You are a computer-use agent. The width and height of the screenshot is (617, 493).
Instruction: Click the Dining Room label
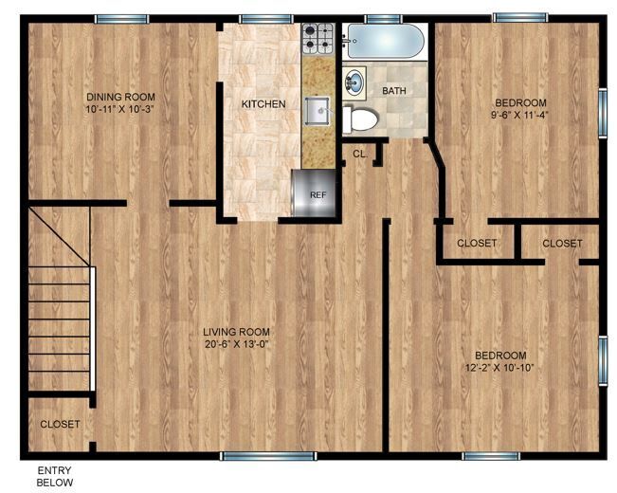120,97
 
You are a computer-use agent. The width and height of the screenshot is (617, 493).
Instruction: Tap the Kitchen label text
263,103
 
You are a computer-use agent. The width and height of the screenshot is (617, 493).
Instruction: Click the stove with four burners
316,38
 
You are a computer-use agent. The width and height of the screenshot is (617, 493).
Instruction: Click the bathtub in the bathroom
384,41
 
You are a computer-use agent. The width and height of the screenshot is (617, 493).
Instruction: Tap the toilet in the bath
360,119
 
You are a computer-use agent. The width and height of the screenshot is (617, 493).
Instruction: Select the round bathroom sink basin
354,82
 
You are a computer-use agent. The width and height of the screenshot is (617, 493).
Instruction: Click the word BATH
394,91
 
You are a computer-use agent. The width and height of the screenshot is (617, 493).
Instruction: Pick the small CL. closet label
360,153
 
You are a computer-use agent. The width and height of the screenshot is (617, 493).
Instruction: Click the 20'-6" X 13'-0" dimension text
236,345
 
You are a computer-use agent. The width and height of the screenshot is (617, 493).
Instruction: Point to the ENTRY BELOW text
54,477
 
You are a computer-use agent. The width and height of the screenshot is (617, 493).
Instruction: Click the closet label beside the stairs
60,424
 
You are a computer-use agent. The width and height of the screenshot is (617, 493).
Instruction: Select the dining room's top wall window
121,19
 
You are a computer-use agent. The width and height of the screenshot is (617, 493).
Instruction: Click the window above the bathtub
382,18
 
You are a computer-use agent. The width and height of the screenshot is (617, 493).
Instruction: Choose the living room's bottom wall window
268,456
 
